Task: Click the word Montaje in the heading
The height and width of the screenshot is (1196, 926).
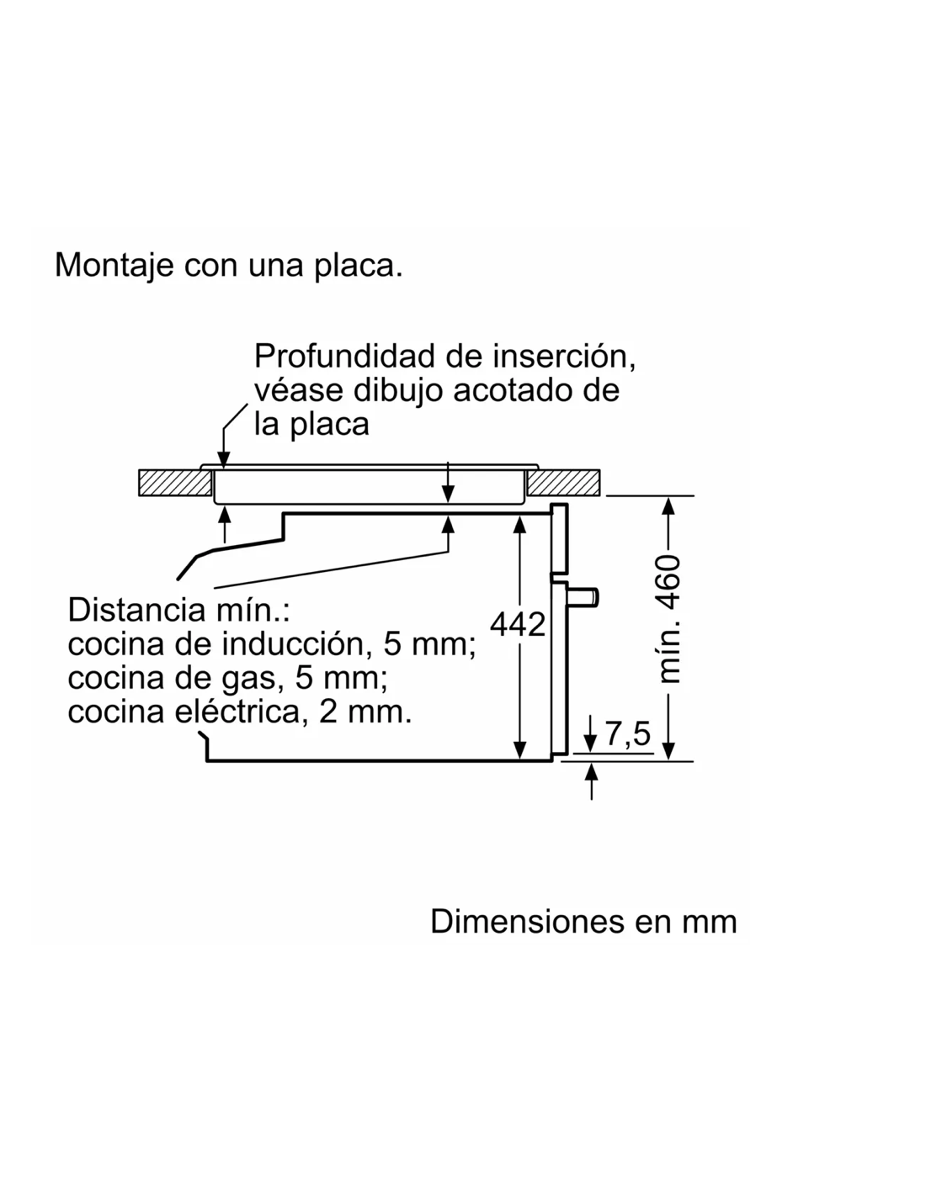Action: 114,266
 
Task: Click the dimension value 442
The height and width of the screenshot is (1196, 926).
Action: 517,624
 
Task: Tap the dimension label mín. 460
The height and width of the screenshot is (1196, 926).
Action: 669,619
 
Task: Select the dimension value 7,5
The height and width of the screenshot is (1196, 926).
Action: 627,733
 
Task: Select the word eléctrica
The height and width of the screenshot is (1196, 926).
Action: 241,712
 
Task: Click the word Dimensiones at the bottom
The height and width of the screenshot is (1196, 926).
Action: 527,921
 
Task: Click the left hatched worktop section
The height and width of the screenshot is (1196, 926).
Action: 175,483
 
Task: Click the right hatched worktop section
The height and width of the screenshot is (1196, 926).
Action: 563,483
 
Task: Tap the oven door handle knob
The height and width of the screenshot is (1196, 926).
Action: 584,598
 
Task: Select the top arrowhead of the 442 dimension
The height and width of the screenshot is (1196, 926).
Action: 519,525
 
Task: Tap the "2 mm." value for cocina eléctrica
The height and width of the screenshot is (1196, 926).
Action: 365,712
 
